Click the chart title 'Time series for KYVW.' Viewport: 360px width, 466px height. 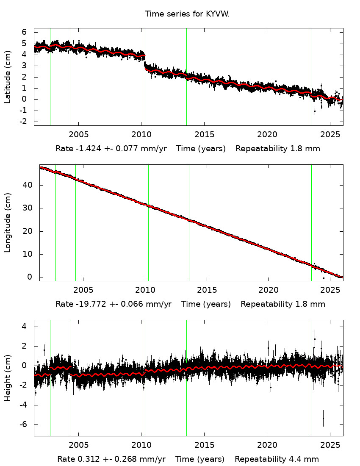click(x=187, y=14)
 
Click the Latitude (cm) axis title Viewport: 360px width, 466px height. click(x=8, y=77)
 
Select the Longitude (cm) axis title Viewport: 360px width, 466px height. click(x=8, y=223)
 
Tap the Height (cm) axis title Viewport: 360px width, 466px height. click(x=8, y=378)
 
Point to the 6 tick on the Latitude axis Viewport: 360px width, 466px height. click(x=25, y=32)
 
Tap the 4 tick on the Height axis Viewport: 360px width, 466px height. click(x=25, y=327)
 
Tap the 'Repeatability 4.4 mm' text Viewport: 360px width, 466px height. click(x=277, y=459)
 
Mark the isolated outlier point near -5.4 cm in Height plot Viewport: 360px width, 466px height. click(x=323, y=418)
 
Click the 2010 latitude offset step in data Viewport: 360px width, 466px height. click(x=145, y=61)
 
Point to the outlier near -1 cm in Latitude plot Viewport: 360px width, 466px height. click(x=314, y=111)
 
